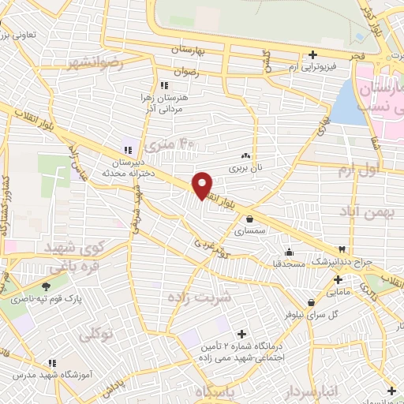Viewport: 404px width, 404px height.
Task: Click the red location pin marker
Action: click(x=203, y=185)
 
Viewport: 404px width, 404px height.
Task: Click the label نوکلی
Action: click(x=95, y=334)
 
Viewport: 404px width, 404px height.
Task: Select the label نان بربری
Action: click(x=245, y=168)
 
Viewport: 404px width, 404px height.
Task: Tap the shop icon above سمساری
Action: click(x=250, y=219)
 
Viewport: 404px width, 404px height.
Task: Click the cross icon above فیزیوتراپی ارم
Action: click(x=313, y=55)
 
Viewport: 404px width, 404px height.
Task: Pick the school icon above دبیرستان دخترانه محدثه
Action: click(x=127, y=150)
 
